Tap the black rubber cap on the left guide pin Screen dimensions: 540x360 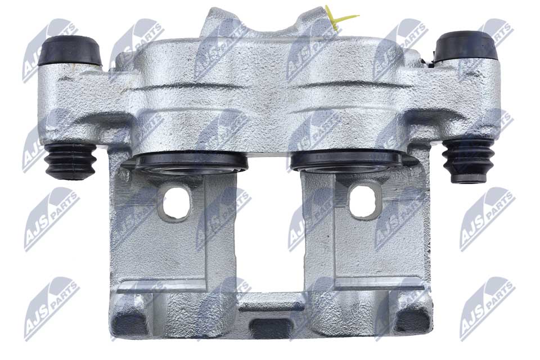click(70, 50)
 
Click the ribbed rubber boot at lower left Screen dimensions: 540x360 click(71, 161)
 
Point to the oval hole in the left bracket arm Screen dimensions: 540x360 click(176, 203)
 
